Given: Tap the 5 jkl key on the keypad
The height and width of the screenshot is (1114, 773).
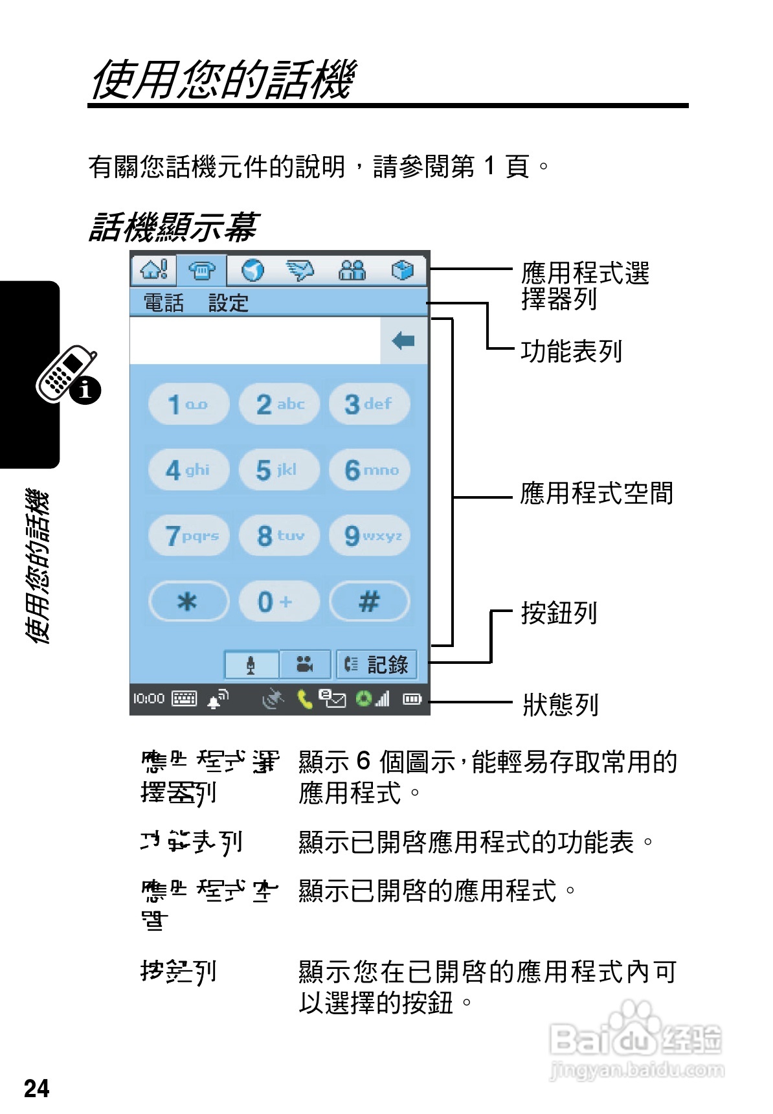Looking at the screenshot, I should (279, 470).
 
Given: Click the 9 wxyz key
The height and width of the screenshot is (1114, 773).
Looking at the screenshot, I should (370, 536).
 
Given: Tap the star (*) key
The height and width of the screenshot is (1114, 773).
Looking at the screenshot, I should (188, 602).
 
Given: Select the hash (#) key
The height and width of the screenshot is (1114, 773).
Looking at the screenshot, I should (370, 602).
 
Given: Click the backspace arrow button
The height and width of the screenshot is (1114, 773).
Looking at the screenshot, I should (403, 340).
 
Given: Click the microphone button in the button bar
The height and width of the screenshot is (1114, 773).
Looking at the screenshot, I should (251, 665).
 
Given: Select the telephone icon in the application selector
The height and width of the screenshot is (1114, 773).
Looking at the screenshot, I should (202, 270).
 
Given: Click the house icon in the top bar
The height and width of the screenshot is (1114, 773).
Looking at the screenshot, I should (154, 269).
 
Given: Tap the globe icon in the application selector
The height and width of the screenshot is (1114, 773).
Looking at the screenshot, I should (252, 270).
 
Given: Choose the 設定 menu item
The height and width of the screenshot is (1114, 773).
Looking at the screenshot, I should (228, 302).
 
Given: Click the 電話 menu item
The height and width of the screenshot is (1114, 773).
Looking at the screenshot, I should (163, 302).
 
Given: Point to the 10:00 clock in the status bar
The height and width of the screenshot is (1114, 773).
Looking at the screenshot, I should (148, 699).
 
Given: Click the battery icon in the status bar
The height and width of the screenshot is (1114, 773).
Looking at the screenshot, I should (412, 699).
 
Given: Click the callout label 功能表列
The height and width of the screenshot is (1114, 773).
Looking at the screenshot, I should (571, 352).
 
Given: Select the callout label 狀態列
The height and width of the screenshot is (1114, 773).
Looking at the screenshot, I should (561, 705).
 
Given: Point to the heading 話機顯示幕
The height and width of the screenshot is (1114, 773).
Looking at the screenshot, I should (174, 227).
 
